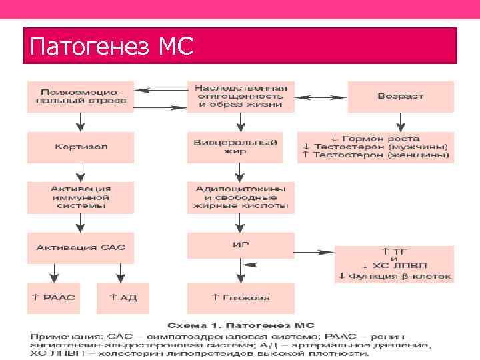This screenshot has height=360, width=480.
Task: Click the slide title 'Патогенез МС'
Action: coord(112,47)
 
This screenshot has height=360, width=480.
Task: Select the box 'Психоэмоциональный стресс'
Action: coord(80,96)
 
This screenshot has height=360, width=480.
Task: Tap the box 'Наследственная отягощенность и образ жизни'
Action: coord(241,96)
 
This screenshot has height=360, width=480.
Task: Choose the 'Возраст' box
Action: coord(400,96)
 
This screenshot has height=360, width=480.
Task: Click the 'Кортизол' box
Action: coord(80,146)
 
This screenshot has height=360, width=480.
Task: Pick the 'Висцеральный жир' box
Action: coord(241,146)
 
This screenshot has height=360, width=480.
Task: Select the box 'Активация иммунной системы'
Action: coord(80,197)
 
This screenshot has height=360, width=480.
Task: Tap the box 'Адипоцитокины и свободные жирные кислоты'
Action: coord(241,197)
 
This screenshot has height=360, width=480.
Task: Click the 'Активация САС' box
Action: coord(80,247)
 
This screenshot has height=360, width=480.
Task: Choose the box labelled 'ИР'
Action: coord(241,245)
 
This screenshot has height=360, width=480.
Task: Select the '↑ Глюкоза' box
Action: coord(241,297)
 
